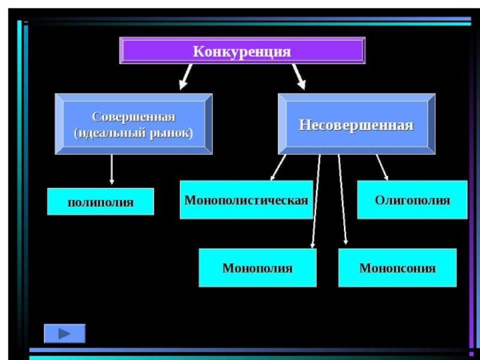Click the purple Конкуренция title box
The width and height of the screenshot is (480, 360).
tap(242, 50)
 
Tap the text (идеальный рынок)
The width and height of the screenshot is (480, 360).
tap(133, 133)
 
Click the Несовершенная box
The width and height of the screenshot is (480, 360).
tap(356, 124)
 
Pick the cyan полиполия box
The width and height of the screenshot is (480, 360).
tap(101, 202)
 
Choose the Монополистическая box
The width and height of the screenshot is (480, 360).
tap(246, 200)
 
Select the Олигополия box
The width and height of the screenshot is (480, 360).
tap(412, 200)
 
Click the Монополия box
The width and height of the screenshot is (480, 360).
tap(257, 268)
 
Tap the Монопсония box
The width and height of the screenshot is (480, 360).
tap(397, 268)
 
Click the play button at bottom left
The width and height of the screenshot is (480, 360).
tap(65, 333)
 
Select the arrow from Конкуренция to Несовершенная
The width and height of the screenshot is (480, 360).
tap(298, 76)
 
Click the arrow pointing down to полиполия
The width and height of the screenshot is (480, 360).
tap(112, 170)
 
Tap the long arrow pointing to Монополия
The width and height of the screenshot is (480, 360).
tap(316, 201)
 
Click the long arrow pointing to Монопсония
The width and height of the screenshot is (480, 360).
tap(343, 201)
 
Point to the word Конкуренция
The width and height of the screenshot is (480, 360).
tap(242, 51)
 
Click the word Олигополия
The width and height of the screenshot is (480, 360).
tap(412, 200)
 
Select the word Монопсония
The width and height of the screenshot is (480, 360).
tap(397, 268)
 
